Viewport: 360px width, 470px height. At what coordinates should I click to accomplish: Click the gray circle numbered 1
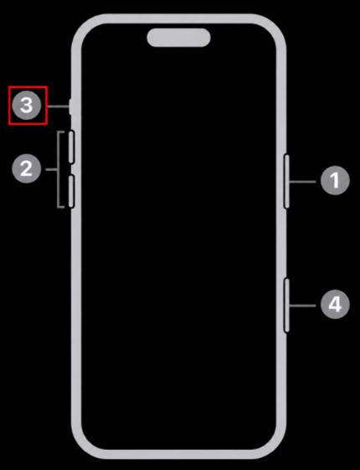click(x=335, y=181)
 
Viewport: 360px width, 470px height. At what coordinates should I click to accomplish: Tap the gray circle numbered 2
click(x=26, y=168)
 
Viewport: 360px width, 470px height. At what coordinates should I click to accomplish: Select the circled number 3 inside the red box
click(x=26, y=106)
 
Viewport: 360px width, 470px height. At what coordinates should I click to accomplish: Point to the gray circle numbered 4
click(x=335, y=305)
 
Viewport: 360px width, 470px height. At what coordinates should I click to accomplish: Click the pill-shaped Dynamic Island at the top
click(x=178, y=38)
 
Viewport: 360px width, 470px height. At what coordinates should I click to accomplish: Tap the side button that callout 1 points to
click(x=286, y=181)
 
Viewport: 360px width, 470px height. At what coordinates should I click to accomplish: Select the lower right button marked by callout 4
click(x=286, y=305)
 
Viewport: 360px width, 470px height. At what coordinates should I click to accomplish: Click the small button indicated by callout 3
click(x=70, y=106)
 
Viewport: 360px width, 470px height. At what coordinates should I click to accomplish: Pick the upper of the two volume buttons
click(x=71, y=147)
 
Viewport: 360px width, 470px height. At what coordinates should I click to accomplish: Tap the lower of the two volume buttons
click(x=71, y=191)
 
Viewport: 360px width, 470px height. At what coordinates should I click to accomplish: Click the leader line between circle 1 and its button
click(x=302, y=181)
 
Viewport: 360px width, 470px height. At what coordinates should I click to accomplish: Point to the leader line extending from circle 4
click(x=302, y=306)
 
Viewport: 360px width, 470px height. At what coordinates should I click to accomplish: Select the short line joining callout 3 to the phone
click(x=59, y=106)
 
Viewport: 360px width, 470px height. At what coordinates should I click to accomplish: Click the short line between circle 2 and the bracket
click(x=51, y=170)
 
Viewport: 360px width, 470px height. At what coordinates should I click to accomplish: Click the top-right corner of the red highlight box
click(x=47, y=87)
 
